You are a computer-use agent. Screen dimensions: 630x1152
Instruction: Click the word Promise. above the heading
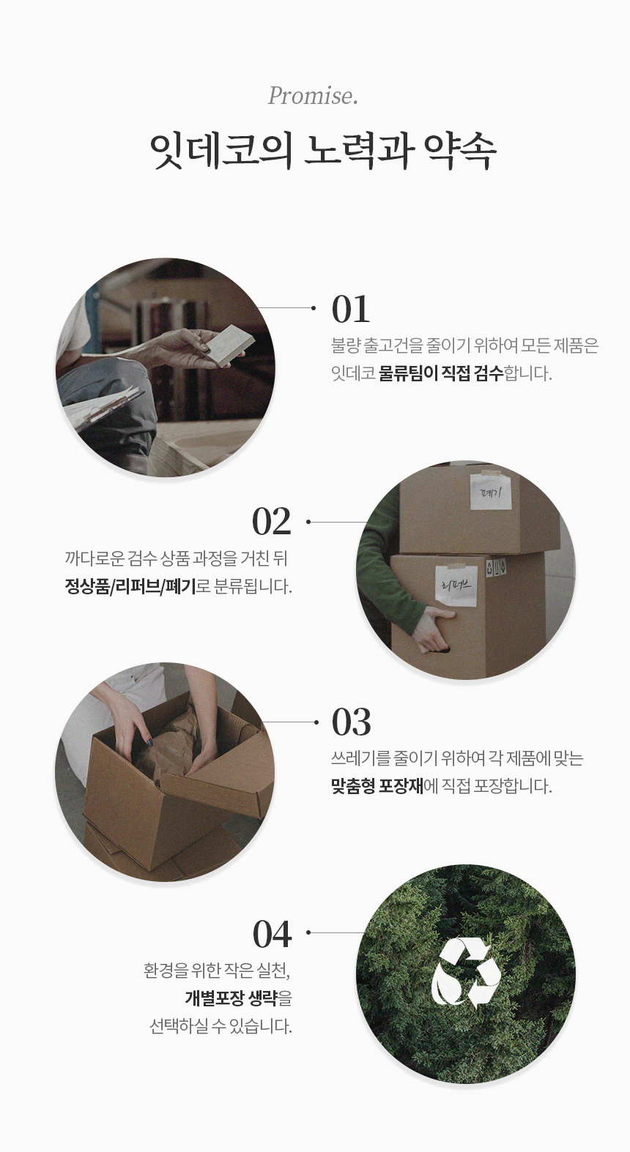313,96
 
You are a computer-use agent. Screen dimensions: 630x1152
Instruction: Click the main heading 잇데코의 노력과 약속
323,152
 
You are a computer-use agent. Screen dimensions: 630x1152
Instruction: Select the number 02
271,522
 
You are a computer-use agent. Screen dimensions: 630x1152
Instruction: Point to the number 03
351,722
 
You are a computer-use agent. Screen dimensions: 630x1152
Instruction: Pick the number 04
272,934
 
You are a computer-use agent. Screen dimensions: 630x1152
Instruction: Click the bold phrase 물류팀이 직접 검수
441,373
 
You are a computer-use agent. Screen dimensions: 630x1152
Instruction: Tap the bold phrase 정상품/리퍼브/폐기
130,586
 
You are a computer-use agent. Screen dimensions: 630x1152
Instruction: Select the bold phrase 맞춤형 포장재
377,786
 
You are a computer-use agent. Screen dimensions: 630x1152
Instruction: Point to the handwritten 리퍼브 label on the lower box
456,584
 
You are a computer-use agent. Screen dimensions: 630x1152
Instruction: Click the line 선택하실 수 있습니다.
220,1027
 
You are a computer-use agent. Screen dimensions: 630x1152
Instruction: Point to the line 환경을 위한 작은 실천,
218,971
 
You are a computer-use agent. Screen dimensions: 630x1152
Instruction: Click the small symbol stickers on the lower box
497,567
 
